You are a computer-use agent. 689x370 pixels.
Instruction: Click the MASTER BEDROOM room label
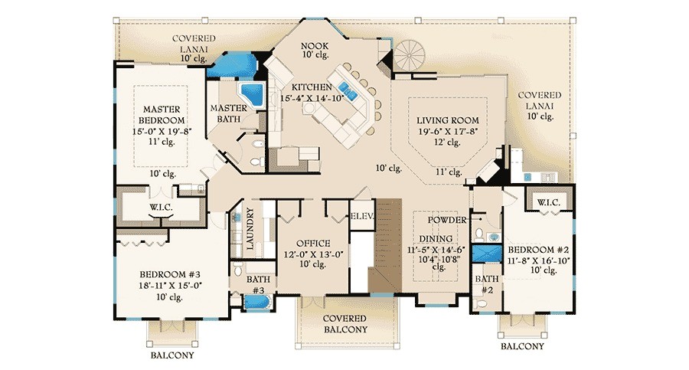click(x=161, y=115)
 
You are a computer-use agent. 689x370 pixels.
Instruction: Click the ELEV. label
click(x=361, y=216)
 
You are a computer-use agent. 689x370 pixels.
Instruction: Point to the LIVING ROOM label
click(x=448, y=120)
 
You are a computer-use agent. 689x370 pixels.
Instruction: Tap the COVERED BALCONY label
click(x=344, y=323)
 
